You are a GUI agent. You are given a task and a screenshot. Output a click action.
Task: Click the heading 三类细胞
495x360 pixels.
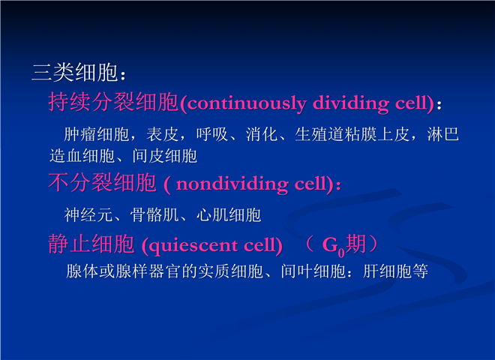click(75, 73)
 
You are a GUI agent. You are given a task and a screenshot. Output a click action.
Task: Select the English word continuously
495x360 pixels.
click(247, 103)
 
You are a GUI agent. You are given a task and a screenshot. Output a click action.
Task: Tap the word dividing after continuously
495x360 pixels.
click(351, 103)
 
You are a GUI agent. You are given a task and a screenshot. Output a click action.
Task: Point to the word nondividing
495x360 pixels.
click(232, 184)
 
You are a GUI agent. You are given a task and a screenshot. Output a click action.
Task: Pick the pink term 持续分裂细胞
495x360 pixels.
click(113, 102)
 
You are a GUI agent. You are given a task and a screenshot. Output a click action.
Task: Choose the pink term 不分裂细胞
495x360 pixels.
click(102, 182)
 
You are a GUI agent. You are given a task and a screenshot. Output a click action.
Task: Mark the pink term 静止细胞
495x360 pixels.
click(91, 244)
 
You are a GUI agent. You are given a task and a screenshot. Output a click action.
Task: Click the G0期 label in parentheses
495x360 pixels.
click(344, 244)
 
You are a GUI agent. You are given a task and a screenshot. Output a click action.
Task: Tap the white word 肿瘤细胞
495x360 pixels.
click(97, 134)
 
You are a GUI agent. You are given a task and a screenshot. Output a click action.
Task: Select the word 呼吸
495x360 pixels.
click(212, 134)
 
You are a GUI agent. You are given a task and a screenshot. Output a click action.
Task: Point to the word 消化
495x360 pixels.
click(262, 134)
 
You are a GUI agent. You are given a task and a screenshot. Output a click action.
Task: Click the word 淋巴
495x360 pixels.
click(443, 134)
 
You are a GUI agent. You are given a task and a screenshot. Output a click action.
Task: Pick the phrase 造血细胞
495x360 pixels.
click(82, 156)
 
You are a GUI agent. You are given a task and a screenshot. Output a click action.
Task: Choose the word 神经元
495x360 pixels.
click(88, 215)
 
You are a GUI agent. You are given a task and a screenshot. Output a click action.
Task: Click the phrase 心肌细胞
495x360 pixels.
click(229, 215)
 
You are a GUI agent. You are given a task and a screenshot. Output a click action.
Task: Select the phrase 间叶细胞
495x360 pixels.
click(313, 271)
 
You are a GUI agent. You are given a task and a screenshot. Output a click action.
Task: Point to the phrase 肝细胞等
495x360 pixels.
click(395, 271)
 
